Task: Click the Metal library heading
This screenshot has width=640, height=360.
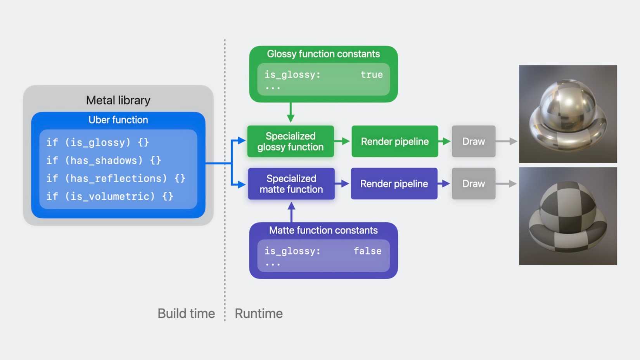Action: (118, 100)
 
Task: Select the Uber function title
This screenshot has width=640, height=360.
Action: (118, 120)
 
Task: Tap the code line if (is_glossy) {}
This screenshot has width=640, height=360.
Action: (97, 142)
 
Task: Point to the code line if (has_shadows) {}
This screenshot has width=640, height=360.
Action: (104, 160)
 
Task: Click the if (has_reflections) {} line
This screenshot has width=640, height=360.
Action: (116, 178)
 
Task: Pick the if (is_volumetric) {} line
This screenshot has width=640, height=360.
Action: (110, 196)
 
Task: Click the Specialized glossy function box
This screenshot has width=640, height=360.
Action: (291, 141)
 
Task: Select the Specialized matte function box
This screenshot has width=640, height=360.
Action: (291, 183)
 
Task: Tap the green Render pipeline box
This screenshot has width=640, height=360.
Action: (395, 141)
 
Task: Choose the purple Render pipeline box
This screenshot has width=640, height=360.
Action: (394, 183)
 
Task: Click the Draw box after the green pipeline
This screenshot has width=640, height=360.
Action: (474, 141)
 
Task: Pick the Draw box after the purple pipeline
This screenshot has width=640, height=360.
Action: (474, 183)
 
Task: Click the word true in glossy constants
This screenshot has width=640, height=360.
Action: (372, 74)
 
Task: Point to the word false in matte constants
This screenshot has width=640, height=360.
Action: (368, 251)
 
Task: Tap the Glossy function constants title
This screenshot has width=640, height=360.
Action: (323, 54)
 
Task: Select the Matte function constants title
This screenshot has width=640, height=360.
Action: (323, 230)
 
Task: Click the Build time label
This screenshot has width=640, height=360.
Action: (186, 313)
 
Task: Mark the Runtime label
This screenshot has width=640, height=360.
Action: (259, 313)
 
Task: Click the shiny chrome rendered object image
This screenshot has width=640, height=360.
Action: (568, 114)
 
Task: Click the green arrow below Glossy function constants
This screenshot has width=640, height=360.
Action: (291, 112)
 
